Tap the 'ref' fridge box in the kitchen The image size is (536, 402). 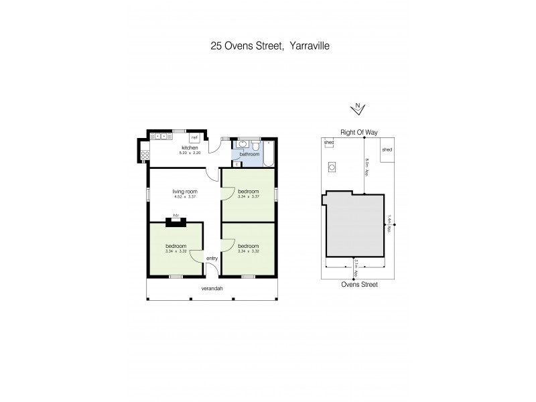(x=194, y=137)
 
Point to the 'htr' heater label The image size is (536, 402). (x=176, y=215)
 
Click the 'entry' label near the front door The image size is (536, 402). (x=212, y=258)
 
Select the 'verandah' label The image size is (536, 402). (x=212, y=289)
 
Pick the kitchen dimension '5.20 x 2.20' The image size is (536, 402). (x=190, y=153)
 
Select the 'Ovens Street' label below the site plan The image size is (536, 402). (x=358, y=285)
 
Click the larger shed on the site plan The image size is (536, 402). (x=387, y=151)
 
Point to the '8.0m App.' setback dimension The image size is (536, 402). (x=367, y=166)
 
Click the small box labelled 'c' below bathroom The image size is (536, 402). (x=237, y=163)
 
